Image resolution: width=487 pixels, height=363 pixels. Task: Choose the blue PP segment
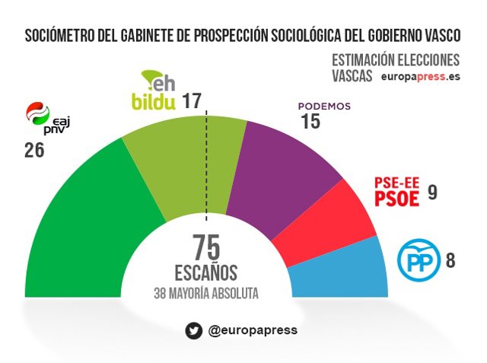coord(342,270)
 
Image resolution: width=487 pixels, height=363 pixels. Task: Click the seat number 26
coord(34,150)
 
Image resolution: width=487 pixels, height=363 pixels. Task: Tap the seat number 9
coord(432,193)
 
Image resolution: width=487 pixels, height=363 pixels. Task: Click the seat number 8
coord(450,261)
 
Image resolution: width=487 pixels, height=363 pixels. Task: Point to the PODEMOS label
coord(324,107)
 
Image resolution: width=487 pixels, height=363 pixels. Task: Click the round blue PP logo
coord(418,260)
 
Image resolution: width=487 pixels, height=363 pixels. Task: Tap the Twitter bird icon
coord(193,330)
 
